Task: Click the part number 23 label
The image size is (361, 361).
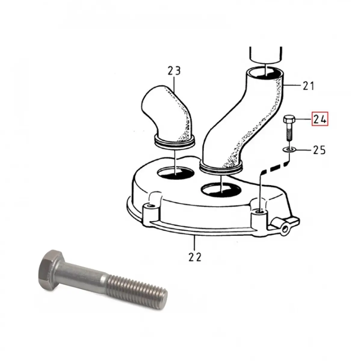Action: point(174,71)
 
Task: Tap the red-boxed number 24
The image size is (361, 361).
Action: point(320,119)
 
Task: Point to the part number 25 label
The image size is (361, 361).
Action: point(319,150)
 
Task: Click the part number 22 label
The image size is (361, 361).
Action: point(195,257)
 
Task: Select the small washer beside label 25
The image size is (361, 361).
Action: point(289,150)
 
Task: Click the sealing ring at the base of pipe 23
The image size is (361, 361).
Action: point(174,142)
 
